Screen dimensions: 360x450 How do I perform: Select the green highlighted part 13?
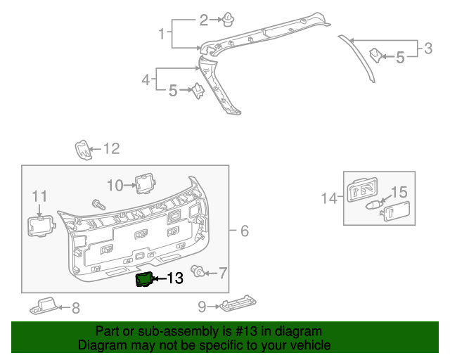[x=144, y=280]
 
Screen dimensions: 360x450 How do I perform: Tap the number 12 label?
[x=111, y=148]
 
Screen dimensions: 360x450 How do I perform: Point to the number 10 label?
[x=115, y=185]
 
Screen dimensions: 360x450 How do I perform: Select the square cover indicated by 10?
[x=144, y=183]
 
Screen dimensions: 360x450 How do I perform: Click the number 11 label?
[x=39, y=196]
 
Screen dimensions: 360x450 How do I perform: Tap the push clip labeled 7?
[x=200, y=272]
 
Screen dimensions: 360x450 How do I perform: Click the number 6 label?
[x=244, y=231]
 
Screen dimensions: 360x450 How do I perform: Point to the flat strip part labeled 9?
[x=238, y=305]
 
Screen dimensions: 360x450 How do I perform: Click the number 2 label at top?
[x=204, y=20]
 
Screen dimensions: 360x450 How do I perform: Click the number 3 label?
[x=427, y=49]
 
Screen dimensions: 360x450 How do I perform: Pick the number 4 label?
[x=146, y=80]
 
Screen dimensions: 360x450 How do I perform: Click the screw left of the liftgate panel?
[x=97, y=204]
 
